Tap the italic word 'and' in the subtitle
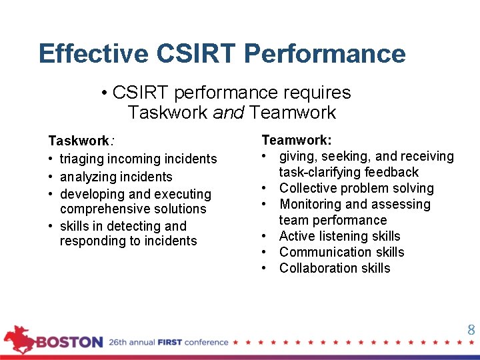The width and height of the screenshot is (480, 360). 229,112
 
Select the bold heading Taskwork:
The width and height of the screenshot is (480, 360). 79,141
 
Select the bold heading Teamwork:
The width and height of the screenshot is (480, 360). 297,140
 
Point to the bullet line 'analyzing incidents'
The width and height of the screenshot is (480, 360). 116,177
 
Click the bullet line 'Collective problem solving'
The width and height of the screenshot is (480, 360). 356,188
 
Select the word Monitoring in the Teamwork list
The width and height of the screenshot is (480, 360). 310,204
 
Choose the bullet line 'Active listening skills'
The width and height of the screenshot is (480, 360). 339,236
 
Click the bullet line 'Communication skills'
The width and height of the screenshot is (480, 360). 341,252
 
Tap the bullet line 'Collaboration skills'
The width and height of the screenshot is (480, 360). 335,268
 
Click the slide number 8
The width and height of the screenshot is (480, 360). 471,330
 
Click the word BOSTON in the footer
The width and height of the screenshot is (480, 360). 69,343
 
